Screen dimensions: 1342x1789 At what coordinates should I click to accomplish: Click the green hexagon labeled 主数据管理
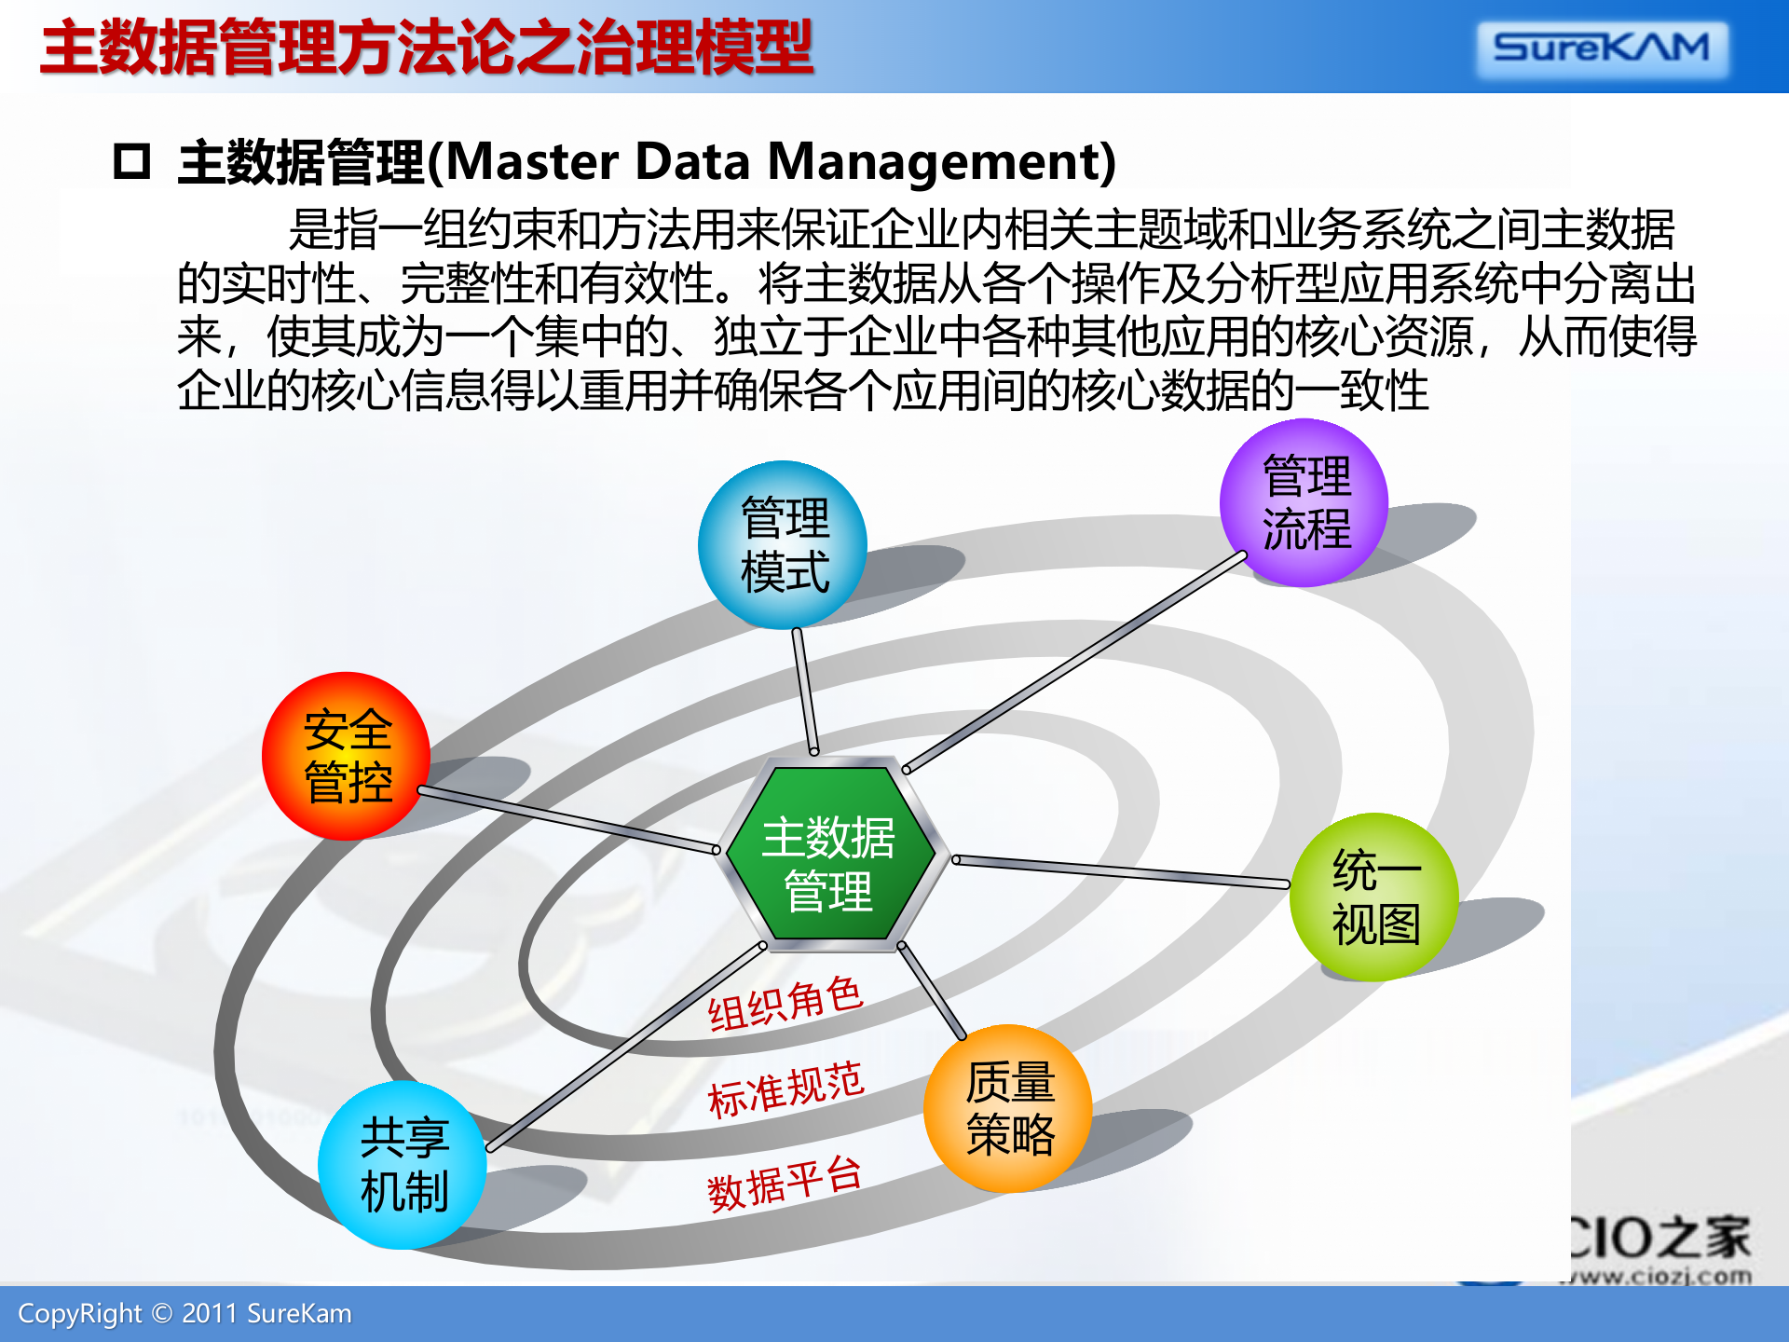(x=829, y=853)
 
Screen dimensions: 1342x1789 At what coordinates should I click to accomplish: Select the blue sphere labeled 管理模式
(x=783, y=545)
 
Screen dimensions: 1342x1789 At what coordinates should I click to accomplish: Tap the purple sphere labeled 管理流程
(x=1304, y=503)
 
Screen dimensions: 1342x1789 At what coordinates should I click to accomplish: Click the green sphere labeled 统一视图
(x=1374, y=897)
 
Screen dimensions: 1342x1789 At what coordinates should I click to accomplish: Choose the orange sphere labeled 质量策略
(x=1008, y=1109)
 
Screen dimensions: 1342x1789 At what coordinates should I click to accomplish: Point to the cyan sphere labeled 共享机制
(x=403, y=1165)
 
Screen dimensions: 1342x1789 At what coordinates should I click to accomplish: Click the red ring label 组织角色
(x=785, y=1005)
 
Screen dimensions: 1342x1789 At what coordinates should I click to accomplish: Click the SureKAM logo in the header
(x=1601, y=48)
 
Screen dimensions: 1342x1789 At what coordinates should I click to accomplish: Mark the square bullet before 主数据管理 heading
(x=131, y=161)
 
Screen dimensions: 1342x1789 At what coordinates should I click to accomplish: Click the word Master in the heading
(x=533, y=161)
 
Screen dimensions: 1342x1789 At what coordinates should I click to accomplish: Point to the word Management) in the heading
(x=941, y=161)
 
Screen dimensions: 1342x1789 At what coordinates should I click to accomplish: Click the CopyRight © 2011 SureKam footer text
(x=184, y=1314)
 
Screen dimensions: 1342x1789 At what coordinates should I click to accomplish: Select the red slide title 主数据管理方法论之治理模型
(x=427, y=48)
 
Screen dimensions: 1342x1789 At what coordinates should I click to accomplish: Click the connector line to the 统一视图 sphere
(x=1118, y=871)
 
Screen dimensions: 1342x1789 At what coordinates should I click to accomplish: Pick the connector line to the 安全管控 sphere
(x=568, y=820)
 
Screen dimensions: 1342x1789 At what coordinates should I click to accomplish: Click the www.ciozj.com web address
(x=1659, y=1276)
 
